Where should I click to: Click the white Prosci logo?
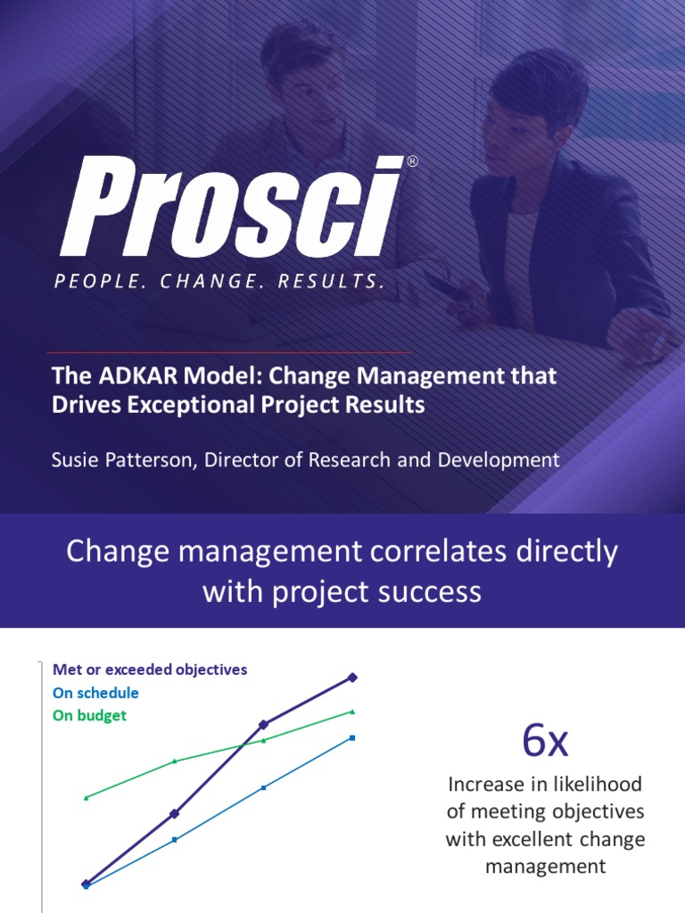click(232, 206)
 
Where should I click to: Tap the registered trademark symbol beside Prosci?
click(412, 161)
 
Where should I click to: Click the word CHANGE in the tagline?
click(209, 282)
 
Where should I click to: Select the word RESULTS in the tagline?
click(331, 282)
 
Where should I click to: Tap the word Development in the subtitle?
click(499, 460)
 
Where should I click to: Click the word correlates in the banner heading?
click(438, 551)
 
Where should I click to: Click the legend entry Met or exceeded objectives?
click(150, 670)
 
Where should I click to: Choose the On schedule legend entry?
click(95, 693)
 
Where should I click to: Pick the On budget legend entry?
click(89, 716)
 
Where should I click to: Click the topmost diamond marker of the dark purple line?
click(352, 678)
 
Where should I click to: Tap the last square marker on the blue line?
click(352, 738)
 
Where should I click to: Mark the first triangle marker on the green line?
click(87, 798)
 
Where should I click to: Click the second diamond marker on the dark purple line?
click(174, 813)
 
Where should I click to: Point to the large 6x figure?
click(545, 741)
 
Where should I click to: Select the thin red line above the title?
click(228, 352)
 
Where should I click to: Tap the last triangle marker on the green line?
click(352, 711)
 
